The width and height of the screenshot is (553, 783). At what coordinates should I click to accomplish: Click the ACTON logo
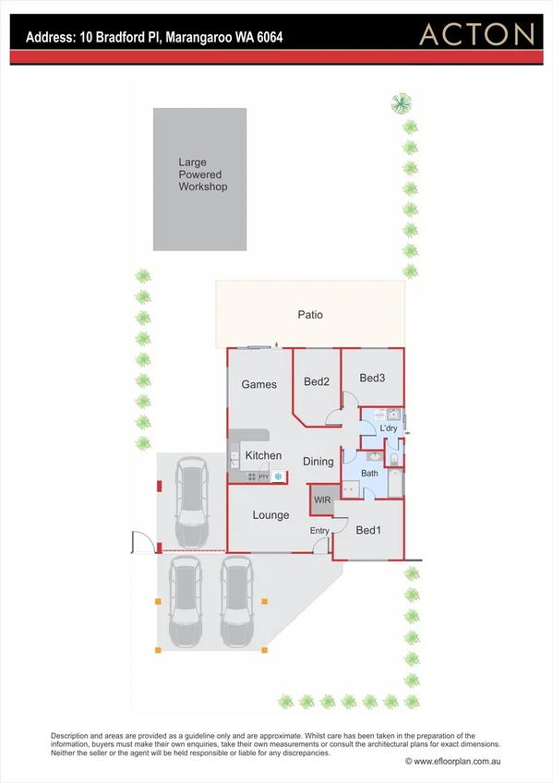tap(477, 35)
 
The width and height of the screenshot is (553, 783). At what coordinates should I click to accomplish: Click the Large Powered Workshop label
tap(203, 175)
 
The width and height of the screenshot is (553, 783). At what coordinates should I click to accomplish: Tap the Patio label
tap(310, 315)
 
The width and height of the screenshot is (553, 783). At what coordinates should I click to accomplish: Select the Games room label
tap(259, 384)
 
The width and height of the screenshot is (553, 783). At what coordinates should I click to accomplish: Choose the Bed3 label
tap(372, 378)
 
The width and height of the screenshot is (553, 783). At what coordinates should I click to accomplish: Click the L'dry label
tap(389, 428)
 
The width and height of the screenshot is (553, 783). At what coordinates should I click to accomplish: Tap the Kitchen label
tap(263, 456)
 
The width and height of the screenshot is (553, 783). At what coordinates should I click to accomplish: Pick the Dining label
tap(318, 462)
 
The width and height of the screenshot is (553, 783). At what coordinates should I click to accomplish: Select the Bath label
tap(369, 474)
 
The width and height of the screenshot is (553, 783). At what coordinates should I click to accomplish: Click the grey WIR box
tap(322, 500)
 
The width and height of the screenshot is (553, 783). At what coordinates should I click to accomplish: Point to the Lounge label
tap(270, 515)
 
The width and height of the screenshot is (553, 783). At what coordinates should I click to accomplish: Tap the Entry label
tap(319, 530)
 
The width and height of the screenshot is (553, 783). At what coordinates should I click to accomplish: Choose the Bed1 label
tap(367, 530)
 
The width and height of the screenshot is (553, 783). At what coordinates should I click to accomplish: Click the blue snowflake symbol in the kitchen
tap(276, 476)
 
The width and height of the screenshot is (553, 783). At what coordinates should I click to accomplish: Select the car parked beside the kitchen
tap(191, 502)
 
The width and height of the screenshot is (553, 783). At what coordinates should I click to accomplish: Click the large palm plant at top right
tap(401, 102)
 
